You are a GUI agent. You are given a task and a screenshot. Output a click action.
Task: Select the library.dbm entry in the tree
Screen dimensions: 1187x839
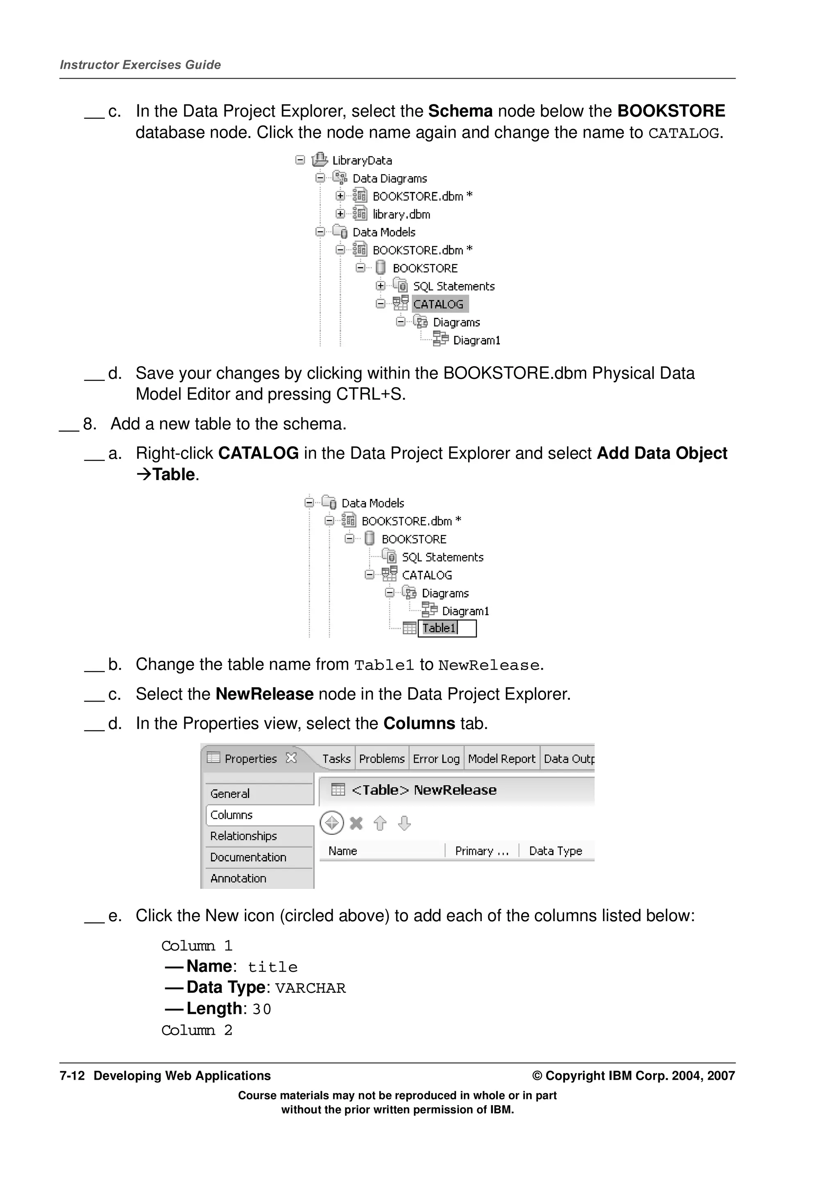point(401,215)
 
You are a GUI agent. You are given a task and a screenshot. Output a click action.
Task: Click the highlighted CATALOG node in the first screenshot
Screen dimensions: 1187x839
point(438,304)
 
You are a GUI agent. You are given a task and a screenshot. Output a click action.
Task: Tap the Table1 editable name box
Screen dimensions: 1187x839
point(447,628)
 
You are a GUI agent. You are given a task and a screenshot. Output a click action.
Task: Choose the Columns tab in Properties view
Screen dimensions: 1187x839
point(231,815)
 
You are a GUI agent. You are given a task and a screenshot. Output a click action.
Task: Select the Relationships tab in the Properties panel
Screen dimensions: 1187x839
point(243,836)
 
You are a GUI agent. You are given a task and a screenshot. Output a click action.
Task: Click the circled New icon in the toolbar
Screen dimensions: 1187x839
point(332,823)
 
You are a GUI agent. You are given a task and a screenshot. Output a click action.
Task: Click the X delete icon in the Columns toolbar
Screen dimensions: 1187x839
point(356,823)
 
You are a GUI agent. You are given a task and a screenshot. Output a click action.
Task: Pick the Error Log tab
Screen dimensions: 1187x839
point(436,759)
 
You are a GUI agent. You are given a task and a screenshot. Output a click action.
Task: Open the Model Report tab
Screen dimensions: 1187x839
point(501,759)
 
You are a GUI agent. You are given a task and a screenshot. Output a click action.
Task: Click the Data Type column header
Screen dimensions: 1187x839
point(556,851)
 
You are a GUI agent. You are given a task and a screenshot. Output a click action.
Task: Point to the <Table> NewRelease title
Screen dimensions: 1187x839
point(424,791)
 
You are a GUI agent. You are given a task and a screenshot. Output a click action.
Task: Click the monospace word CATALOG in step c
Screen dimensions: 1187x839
point(683,134)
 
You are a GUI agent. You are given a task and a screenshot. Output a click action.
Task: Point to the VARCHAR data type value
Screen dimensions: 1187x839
point(310,988)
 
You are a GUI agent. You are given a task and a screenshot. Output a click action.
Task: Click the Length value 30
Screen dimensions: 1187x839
point(262,1010)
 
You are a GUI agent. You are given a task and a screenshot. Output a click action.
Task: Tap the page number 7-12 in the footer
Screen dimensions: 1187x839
point(72,1076)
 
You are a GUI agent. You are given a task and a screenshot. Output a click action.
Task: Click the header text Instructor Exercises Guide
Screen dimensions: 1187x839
point(141,65)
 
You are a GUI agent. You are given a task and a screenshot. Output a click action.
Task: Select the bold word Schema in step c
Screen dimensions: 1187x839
point(460,111)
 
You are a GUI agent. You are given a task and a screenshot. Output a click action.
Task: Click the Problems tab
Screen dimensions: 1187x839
point(381,759)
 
